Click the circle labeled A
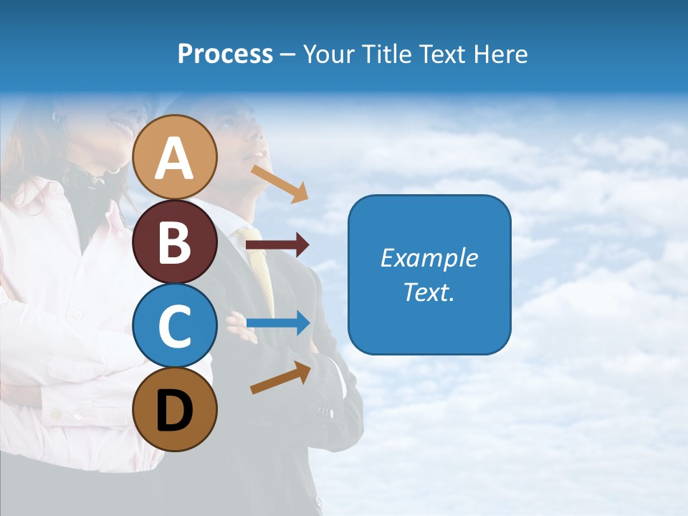pos(175,157)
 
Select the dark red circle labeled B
pos(175,242)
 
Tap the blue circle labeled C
pos(175,325)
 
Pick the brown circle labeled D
pos(175,409)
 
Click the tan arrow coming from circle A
pos(279,183)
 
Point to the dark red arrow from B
pos(277,245)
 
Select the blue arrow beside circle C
pos(277,323)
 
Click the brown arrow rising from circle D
pos(280,377)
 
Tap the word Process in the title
pos(225,54)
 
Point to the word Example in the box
pos(429,258)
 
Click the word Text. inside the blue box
pos(429,292)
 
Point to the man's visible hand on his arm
pos(239,327)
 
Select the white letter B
pos(175,242)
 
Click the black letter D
pos(175,411)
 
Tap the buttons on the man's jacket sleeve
pos(326,413)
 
